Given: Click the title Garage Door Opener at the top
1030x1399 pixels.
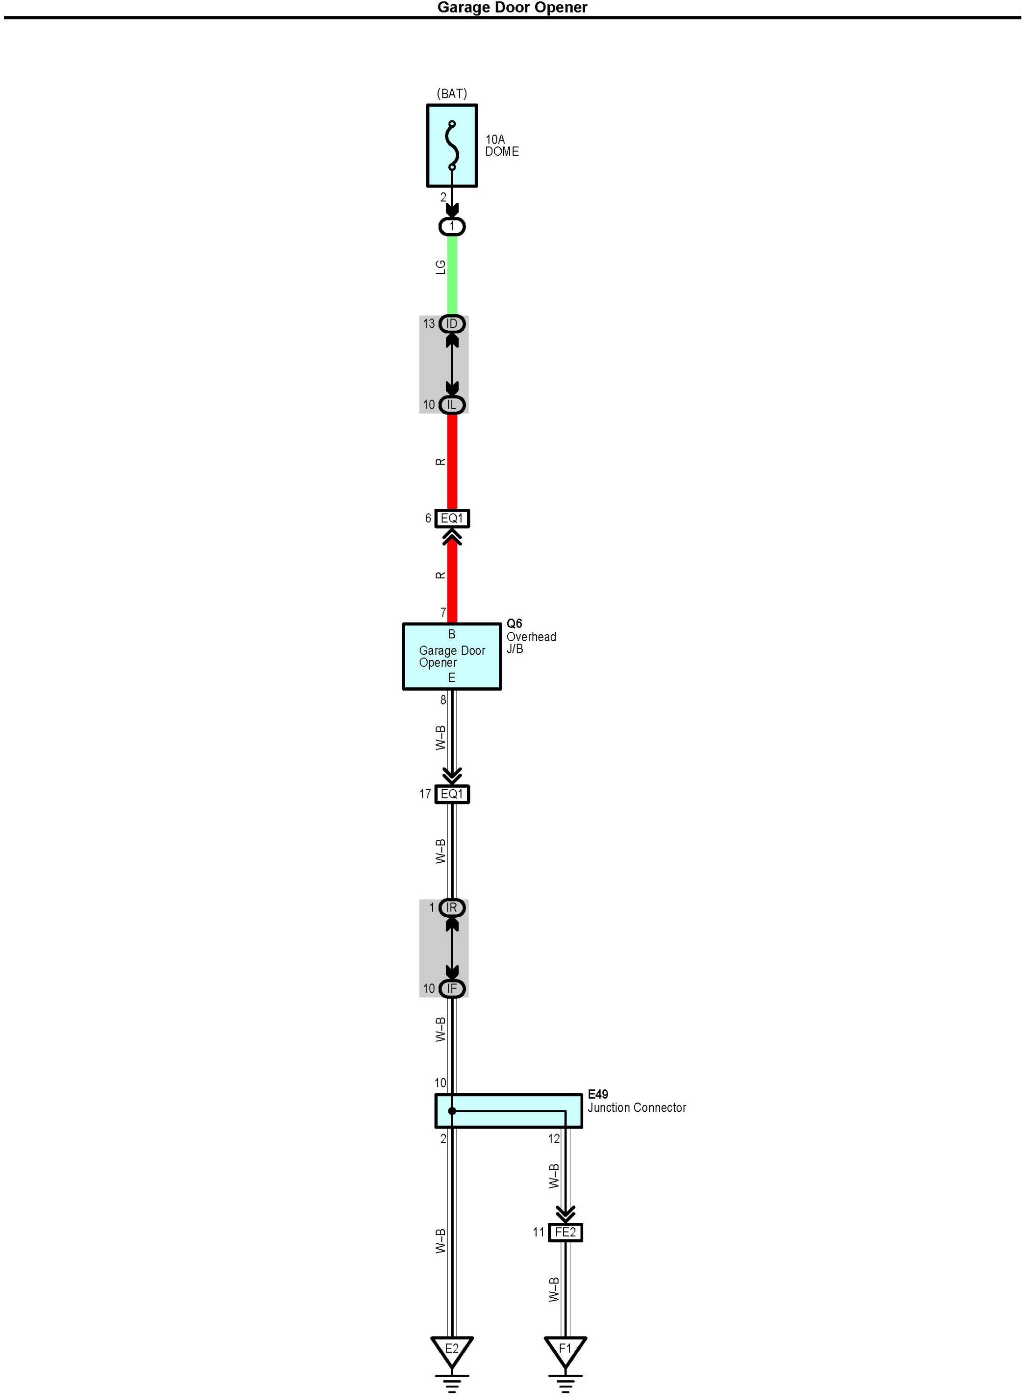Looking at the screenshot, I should click(x=512, y=7).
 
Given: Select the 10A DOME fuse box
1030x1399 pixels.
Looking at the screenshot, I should click(x=452, y=146).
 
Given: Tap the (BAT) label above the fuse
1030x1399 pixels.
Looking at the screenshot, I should click(x=452, y=94).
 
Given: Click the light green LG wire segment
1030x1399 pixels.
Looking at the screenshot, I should click(x=452, y=274).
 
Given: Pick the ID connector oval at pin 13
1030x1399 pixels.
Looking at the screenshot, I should click(x=452, y=324).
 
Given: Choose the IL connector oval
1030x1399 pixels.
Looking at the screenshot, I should click(x=452, y=405).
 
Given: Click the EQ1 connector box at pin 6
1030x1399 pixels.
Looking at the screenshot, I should click(x=452, y=518).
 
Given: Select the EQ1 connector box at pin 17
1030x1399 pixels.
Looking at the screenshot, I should click(x=452, y=794).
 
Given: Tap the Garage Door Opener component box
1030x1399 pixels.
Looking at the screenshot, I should click(x=452, y=657).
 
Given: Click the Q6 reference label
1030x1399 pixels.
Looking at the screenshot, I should click(x=514, y=623).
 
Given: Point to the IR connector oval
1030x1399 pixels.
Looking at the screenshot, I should click(x=452, y=908).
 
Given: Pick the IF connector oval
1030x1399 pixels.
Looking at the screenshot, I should click(x=452, y=988).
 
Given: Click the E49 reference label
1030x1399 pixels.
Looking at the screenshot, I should click(x=598, y=1094).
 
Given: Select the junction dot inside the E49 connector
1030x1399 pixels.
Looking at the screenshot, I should click(x=452, y=1111).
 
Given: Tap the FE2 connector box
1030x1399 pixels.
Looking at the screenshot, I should click(x=566, y=1233).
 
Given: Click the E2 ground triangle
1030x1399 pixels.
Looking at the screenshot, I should click(x=452, y=1349).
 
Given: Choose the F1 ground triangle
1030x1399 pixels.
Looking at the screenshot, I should click(x=566, y=1349).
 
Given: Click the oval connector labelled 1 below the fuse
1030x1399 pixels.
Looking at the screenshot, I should click(x=452, y=226).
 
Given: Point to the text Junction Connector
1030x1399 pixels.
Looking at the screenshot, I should click(x=636, y=1108).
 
